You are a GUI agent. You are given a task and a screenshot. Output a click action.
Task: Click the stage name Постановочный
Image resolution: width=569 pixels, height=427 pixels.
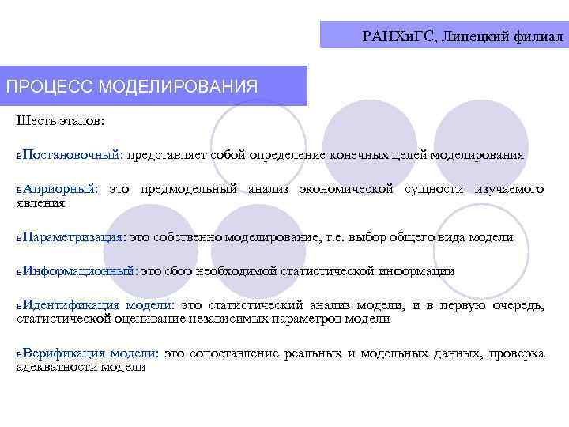(x=72, y=155)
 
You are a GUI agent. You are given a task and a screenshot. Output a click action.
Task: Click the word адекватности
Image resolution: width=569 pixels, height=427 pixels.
(x=58, y=367)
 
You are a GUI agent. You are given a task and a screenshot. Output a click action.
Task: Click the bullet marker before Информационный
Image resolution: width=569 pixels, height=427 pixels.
(x=19, y=272)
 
